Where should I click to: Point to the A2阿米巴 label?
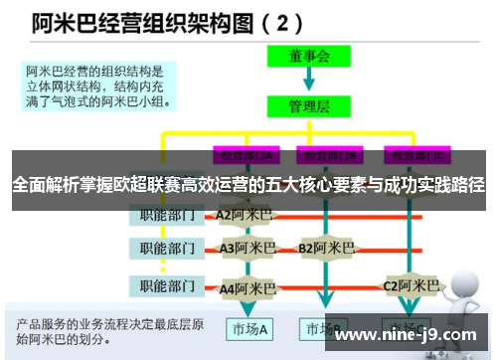(x=243, y=215)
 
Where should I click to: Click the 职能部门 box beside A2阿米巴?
(x=168, y=215)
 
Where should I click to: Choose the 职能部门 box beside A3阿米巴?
(x=168, y=248)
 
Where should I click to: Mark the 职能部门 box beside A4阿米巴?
(x=168, y=287)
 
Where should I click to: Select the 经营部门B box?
(x=329, y=155)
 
